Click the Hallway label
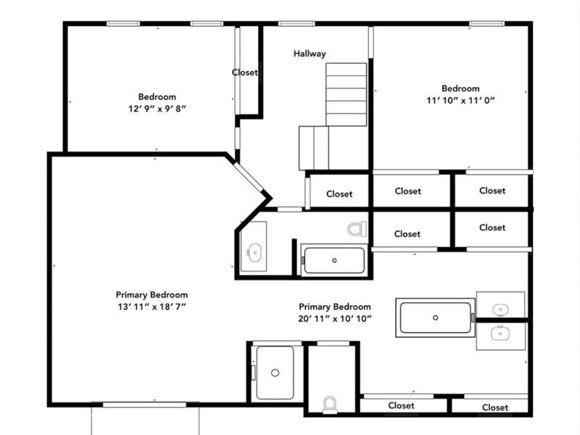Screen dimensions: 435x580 pos(310,54)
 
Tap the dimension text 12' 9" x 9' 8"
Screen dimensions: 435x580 pos(157,109)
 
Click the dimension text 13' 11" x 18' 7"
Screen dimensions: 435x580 pos(152,307)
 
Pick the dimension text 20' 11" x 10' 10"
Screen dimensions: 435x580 pos(335,319)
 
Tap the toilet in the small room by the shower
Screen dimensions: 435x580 pos(330,402)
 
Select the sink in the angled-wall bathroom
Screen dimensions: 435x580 pos(254,252)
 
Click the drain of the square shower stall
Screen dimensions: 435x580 pos(275,373)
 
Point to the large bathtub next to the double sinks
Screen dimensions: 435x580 pos(436,318)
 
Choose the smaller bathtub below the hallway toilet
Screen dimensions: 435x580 pos(333,260)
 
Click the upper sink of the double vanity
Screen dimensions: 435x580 pos(500,310)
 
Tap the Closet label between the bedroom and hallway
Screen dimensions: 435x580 pos(245,72)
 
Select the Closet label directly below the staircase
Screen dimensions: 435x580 pos(339,194)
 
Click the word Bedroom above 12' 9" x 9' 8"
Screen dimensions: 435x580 pos(157,96)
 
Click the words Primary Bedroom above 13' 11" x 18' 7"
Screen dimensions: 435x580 pos(152,295)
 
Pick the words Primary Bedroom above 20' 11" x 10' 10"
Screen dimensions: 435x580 pos(335,307)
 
